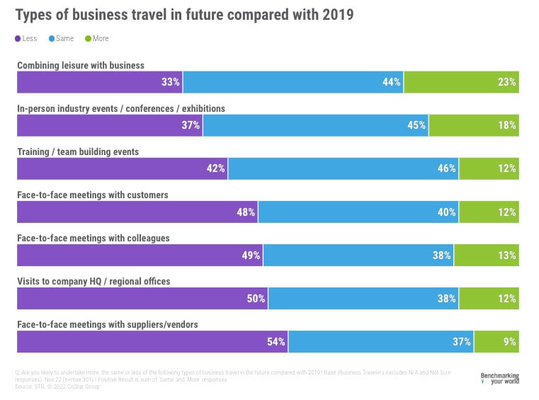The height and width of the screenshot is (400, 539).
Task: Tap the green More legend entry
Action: pos(98,38)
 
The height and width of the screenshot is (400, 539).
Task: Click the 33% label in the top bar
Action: pos(171,82)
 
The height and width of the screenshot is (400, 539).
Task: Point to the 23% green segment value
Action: pos(507,82)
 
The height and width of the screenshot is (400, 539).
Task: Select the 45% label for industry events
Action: pos(416,125)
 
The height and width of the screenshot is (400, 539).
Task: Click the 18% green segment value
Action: pos(507,125)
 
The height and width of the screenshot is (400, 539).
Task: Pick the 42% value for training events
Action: pos(216,168)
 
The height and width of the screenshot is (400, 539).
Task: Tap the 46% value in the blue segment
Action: pos(446,168)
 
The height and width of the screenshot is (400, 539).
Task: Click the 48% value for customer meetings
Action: pos(246,212)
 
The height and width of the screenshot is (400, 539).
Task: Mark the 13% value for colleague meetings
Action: pos(507,255)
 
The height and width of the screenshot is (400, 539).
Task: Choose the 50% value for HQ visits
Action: pos(256,298)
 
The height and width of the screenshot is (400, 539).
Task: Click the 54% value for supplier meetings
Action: pos(276,342)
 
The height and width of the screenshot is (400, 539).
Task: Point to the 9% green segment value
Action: pos(510,342)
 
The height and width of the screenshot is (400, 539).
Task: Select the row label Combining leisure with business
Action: pos(81,65)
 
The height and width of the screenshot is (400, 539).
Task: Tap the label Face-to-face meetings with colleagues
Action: pos(93,238)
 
